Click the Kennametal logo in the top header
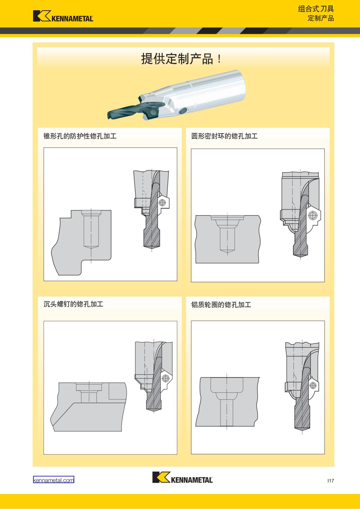click(x=63, y=16)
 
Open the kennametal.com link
click(x=54, y=480)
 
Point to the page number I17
click(x=331, y=481)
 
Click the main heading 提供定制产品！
click(x=181, y=59)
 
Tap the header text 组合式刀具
click(x=316, y=9)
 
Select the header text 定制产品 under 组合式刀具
click(x=321, y=18)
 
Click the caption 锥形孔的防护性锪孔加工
click(x=80, y=136)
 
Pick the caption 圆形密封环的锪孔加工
click(x=224, y=136)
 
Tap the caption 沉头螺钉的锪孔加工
click(x=73, y=304)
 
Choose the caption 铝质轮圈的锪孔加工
click(x=221, y=305)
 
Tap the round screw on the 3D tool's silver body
click(x=183, y=111)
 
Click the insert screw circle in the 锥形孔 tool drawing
click(x=162, y=202)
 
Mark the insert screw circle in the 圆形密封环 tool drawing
click(x=313, y=215)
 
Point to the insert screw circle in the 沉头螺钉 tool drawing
click(x=165, y=378)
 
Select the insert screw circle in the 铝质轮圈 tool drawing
click(x=313, y=385)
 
